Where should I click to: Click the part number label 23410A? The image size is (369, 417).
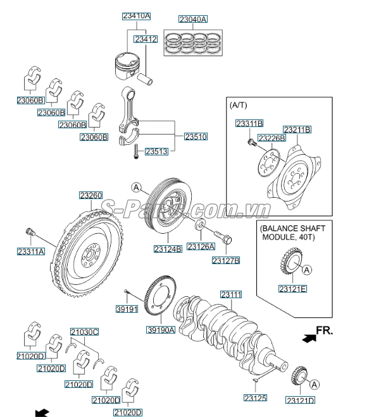pyautogui.click(x=136, y=16)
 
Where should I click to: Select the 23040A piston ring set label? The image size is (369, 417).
pyautogui.click(x=192, y=20)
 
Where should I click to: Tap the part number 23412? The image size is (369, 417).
pyautogui.click(x=146, y=39)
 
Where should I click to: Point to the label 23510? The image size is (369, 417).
pyautogui.click(x=196, y=136)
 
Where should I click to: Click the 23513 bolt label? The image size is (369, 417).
pyautogui.click(x=156, y=152)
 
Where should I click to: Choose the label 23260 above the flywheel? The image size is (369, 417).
pyautogui.click(x=91, y=196)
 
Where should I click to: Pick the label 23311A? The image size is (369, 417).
pyautogui.click(x=31, y=251)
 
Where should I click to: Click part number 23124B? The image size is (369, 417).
pyautogui.click(x=168, y=250)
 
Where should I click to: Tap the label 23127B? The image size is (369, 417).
pyautogui.click(x=226, y=260)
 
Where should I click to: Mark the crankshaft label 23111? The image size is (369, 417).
pyautogui.click(x=231, y=294)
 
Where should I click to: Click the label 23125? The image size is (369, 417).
pyautogui.click(x=256, y=398)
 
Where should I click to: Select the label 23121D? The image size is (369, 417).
pyautogui.click(x=300, y=401)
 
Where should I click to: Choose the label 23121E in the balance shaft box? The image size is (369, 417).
pyautogui.click(x=292, y=289)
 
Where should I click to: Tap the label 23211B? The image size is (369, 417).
pyautogui.click(x=297, y=130)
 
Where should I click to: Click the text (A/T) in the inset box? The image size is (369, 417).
pyautogui.click(x=239, y=104)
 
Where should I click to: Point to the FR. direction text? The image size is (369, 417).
pyautogui.click(x=325, y=330)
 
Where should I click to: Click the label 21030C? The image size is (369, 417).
pyautogui.click(x=84, y=332)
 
